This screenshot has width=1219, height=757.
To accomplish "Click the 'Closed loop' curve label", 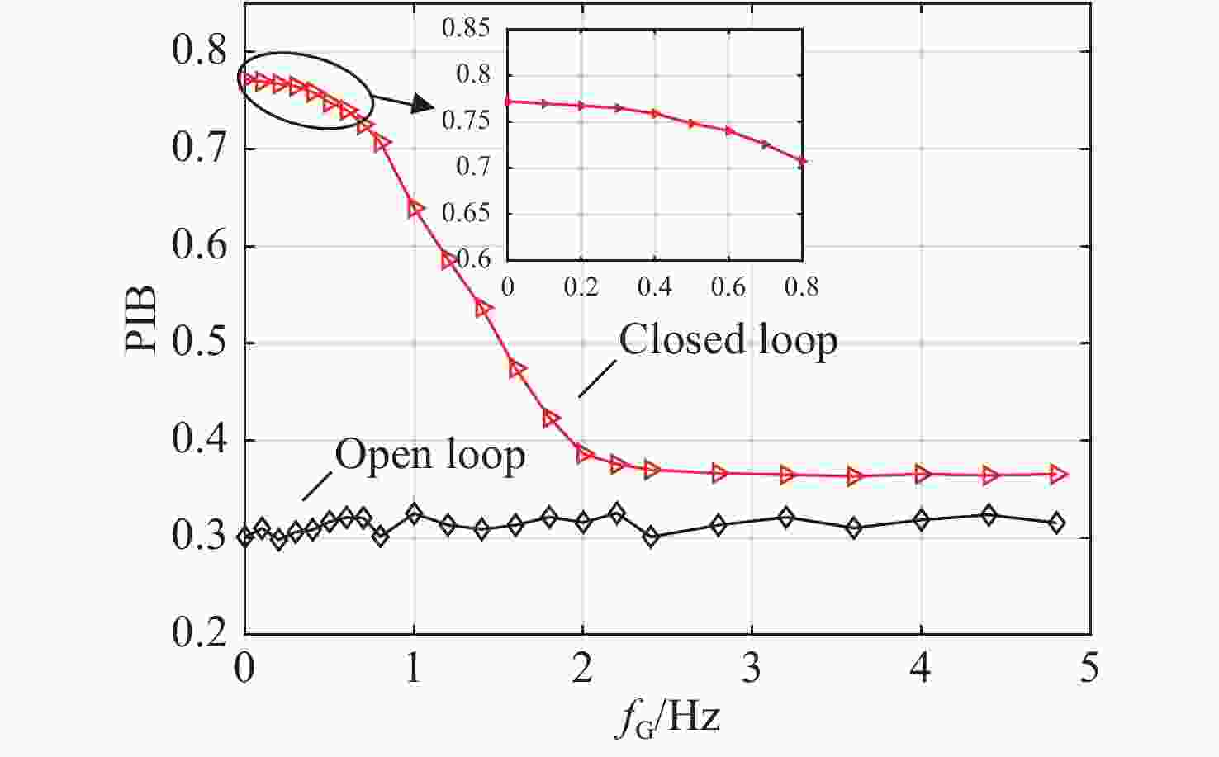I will (x=728, y=339).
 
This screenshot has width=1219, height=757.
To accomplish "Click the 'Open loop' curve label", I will (x=429, y=455).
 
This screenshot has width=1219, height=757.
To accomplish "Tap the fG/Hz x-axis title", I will (x=667, y=715).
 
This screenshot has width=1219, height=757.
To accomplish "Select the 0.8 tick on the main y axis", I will (x=198, y=51).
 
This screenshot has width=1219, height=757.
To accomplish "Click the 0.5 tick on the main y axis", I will (x=198, y=343).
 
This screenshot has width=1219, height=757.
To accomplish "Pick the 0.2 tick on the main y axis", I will (x=198, y=634).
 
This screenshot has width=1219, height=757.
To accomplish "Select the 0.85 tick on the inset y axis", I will (x=467, y=29).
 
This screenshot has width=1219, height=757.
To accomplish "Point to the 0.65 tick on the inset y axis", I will (x=467, y=214).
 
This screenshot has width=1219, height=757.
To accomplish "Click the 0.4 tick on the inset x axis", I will (x=655, y=287).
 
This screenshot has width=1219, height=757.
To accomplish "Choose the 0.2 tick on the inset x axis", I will (x=581, y=287).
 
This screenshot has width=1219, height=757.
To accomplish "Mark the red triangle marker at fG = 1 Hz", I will (x=415, y=208).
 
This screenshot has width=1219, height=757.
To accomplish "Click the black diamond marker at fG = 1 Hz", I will (x=414, y=514).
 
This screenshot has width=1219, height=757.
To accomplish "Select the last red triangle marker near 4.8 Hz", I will (x=1058, y=474).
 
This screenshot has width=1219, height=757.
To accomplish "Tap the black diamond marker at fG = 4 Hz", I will (x=922, y=519).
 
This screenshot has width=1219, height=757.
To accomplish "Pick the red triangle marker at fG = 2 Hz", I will (x=584, y=453).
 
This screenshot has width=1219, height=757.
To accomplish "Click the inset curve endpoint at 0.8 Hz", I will (x=801, y=161).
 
